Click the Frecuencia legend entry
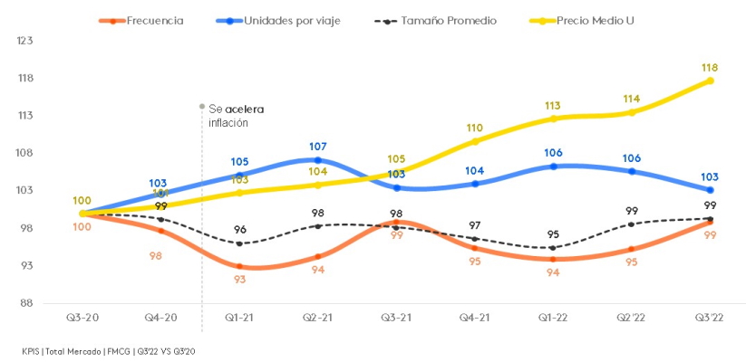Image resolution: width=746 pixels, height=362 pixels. click(x=150, y=20)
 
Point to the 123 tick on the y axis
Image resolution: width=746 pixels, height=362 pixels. click(x=24, y=41)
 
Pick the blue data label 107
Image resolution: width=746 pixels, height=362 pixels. click(x=317, y=146)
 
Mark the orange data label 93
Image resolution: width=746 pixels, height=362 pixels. click(x=239, y=280)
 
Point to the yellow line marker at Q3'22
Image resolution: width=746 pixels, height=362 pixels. click(x=710, y=81)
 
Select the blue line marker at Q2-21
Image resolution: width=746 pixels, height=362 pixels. click(x=317, y=160)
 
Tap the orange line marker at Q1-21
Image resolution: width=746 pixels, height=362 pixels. click(x=239, y=266)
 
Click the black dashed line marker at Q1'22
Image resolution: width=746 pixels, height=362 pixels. click(x=553, y=248)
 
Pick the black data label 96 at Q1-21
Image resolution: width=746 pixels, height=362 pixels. click(x=239, y=230)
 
